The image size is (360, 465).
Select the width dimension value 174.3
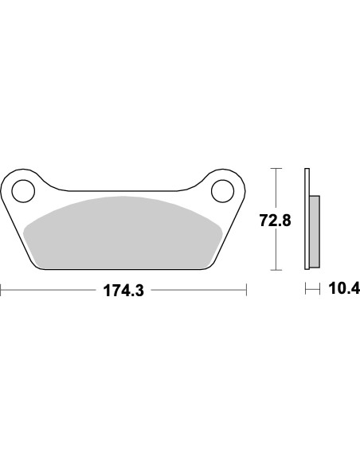123,291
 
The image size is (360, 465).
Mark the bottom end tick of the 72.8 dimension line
276,271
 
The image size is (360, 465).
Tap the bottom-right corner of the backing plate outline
205,269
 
